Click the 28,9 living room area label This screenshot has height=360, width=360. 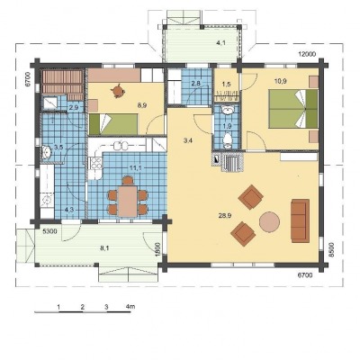(x=225, y=215)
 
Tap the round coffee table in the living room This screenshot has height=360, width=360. (x=269, y=221)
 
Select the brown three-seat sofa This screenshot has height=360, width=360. (x=300, y=220)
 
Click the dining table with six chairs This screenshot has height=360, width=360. (x=128, y=198)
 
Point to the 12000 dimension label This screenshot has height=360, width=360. (x=307, y=54)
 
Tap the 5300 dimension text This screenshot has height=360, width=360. (x=49, y=231)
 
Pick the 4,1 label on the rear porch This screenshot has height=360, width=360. (x=221, y=43)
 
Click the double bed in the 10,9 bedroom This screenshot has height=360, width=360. (x=293, y=108)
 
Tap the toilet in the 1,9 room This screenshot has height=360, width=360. (x=228, y=140)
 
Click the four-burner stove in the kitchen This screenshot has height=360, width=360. (x=96, y=164)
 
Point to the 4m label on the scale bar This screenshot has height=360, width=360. (x=130, y=307)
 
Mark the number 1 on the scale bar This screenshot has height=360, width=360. (x=59, y=307)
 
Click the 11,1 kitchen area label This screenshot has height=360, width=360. (x=136, y=167)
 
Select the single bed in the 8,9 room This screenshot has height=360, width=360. (x=113, y=124)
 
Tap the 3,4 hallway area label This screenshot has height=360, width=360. (x=187, y=140)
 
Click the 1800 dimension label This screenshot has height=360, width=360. (x=158, y=248)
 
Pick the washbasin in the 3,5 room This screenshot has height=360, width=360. (x=46, y=152)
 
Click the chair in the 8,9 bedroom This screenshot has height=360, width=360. (x=118, y=90)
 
